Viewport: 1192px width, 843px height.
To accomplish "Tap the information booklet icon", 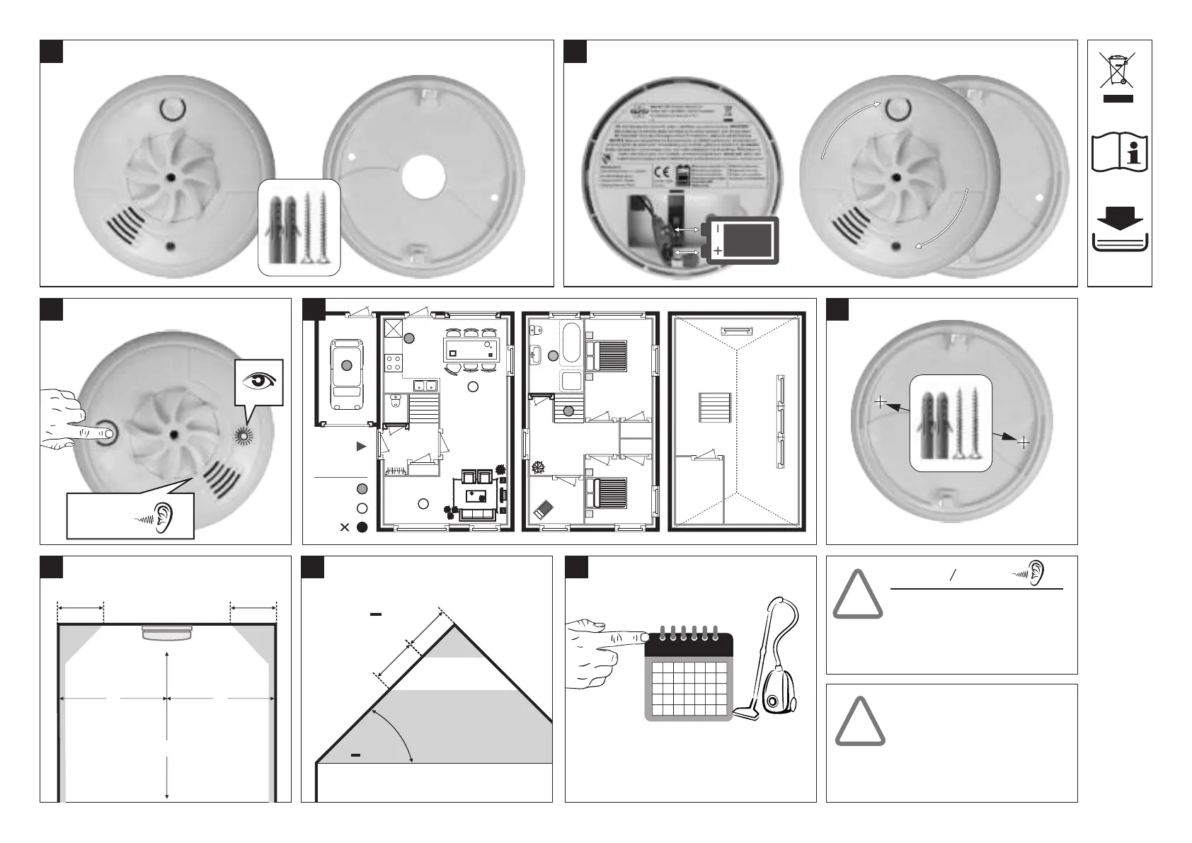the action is (x=1119, y=151).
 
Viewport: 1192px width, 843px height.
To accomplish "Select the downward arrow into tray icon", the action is (x=1118, y=229).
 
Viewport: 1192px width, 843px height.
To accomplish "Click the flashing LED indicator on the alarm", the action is (x=245, y=436).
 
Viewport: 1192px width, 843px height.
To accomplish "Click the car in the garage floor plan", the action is (x=346, y=373).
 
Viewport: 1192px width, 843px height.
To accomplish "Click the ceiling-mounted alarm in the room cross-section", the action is (x=167, y=632).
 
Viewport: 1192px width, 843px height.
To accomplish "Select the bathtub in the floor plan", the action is (x=571, y=344).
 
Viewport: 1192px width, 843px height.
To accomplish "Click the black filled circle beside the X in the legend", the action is (x=362, y=527).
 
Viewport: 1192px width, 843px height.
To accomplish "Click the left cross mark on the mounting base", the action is (x=880, y=402).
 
